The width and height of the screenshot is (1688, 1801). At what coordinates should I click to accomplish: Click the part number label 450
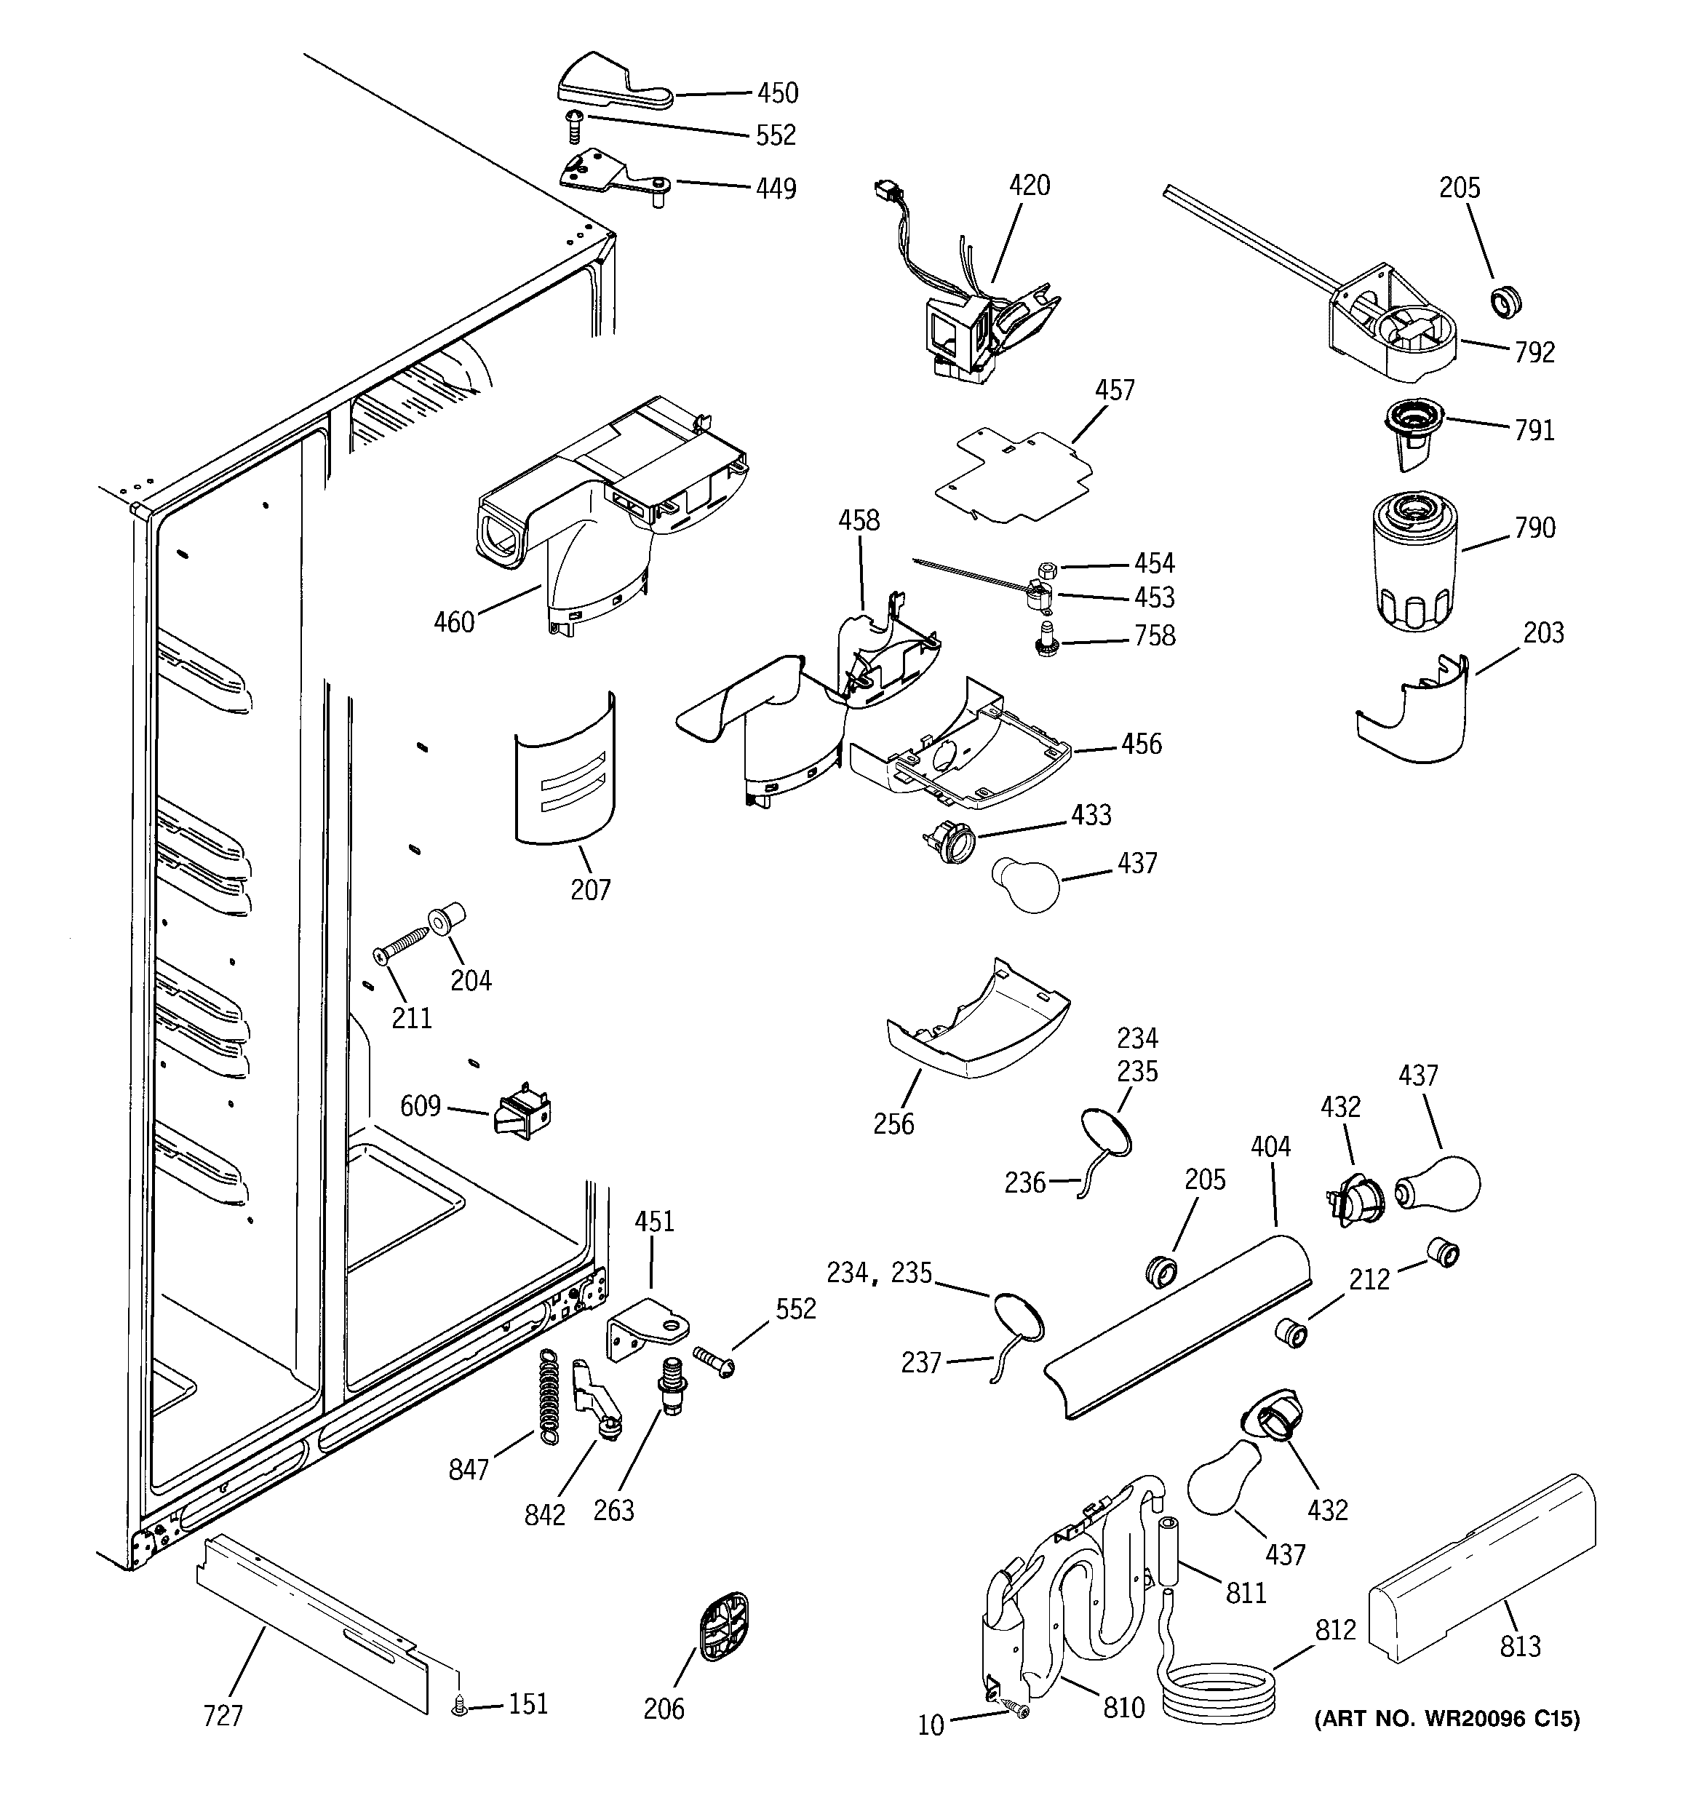pos(777,92)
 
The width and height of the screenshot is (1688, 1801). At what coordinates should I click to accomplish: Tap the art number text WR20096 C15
pos(1447,1719)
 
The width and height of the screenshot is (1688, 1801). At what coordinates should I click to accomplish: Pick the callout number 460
pos(454,622)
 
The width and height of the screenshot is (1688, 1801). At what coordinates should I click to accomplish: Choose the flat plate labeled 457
pos(1012,477)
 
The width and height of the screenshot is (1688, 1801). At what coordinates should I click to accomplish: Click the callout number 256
pos(893,1124)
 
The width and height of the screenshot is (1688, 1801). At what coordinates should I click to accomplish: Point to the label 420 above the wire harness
pos(1030,186)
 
